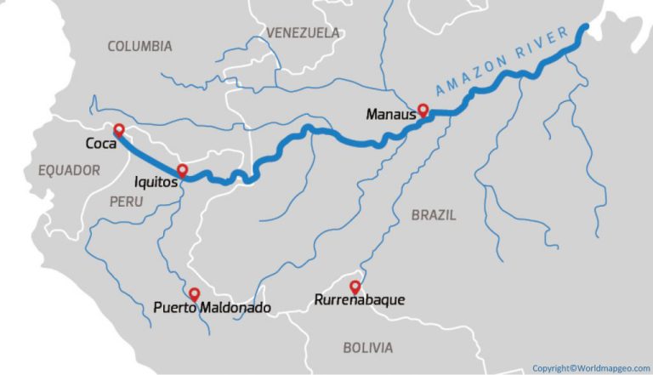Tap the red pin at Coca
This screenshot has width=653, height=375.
tap(119, 130)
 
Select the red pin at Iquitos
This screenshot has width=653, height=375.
tap(182, 170)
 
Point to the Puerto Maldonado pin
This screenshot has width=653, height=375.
tap(195, 293)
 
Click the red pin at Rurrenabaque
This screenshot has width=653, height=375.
tap(355, 287)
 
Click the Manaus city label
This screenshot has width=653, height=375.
tap(390, 113)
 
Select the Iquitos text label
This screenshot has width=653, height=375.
tap(155, 181)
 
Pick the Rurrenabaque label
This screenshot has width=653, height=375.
tap(359, 300)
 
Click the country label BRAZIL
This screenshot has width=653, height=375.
tap(434, 215)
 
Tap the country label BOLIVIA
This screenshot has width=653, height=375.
tap(367, 348)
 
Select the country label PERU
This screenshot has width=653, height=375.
tap(127, 202)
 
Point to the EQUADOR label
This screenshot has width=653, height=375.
tap(70, 171)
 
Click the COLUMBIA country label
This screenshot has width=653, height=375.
tap(139, 46)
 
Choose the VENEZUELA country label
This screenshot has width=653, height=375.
tap(303, 32)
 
